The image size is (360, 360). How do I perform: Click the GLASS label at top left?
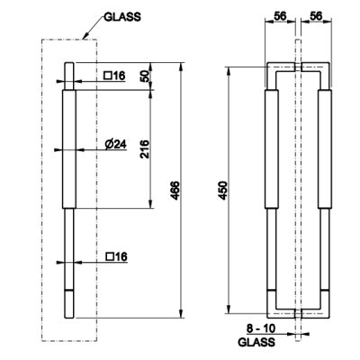(122, 17)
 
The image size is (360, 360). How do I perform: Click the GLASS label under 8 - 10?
(256, 342)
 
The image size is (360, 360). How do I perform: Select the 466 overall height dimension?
(175, 190)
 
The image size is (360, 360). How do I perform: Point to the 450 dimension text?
(223, 190)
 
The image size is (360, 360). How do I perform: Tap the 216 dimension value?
(145, 148)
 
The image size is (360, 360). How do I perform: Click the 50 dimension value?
(145, 76)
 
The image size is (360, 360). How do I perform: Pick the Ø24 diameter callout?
(116, 145)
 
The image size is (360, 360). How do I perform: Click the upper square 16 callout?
(114, 76)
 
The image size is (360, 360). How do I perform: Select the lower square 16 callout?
(117, 256)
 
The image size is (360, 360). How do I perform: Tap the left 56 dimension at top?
(281, 16)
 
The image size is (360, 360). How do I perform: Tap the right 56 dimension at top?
(316, 16)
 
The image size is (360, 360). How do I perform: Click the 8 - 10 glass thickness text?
(261, 328)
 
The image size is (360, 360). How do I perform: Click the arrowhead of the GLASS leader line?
(84, 37)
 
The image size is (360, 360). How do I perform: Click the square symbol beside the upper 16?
(107, 76)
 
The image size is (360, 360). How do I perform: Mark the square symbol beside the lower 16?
(110, 256)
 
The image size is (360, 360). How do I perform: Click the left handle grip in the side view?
(272, 149)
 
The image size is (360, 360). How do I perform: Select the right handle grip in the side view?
(325, 149)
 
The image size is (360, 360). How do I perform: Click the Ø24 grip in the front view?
(69, 149)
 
